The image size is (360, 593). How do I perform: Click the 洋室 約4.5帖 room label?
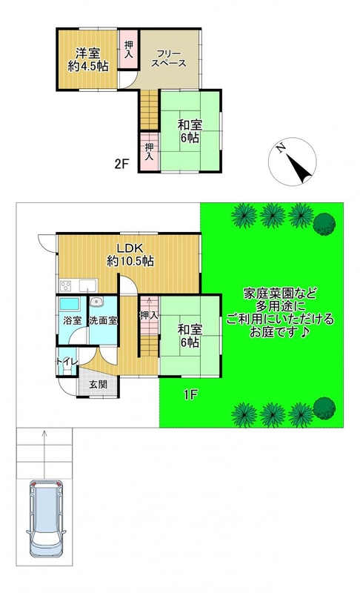pyautogui.click(x=88, y=59)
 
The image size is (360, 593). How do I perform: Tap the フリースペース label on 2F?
pyautogui.click(x=169, y=59)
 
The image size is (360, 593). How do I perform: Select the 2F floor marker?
pyautogui.click(x=122, y=164)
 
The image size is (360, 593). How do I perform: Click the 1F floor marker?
pyautogui.click(x=191, y=395)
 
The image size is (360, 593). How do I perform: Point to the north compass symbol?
pyautogui.click(x=293, y=162)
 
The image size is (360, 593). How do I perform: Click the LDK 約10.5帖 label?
pyautogui.click(x=130, y=254)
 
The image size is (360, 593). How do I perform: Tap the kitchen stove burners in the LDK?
pyautogui.click(x=65, y=285)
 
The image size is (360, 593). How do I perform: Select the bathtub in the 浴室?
pyautogui.click(x=69, y=304)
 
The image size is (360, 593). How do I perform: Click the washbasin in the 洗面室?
pyautogui.click(x=97, y=302)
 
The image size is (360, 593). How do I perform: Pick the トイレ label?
pyautogui.click(x=67, y=361)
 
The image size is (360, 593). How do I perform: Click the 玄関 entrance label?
pyautogui.click(x=99, y=385)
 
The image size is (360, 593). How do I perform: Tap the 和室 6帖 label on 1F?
pyautogui.click(x=190, y=336)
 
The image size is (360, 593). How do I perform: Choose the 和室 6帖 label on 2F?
pyautogui.click(x=190, y=131)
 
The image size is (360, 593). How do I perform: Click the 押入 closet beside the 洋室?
pyautogui.click(x=129, y=49)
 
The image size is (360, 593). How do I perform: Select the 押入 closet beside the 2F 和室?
pyautogui.click(x=150, y=151)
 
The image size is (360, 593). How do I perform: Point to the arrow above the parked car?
pyautogui.click(x=44, y=454)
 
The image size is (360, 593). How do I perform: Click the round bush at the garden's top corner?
pyautogui.click(x=324, y=225)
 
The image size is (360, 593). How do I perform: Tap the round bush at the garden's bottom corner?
pyautogui.click(x=324, y=408)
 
